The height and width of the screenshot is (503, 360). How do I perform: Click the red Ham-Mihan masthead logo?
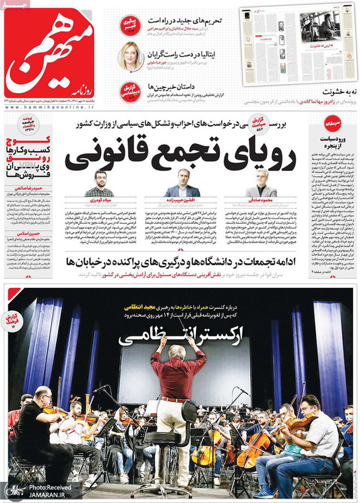pyautogui.click(x=50, y=53)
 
